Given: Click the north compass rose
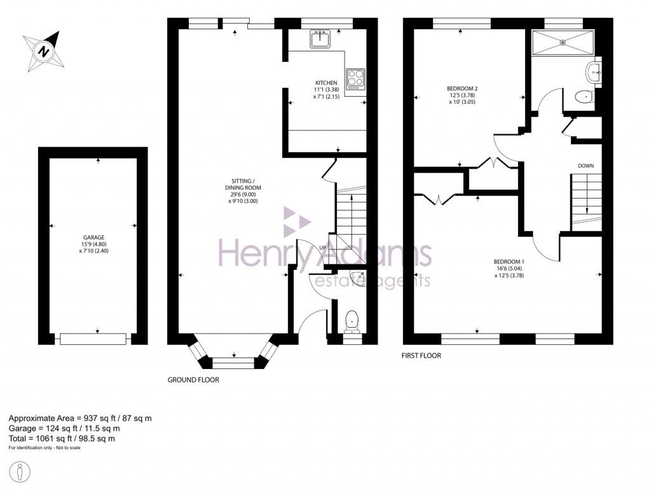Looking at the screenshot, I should click(x=43, y=50).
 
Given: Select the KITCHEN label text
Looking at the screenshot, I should click(x=326, y=83).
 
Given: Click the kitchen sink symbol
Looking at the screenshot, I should click(x=319, y=38).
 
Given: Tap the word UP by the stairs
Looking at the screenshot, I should click(x=324, y=247).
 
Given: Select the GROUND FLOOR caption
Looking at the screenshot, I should click(x=193, y=380).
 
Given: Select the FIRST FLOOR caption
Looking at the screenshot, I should click(x=421, y=356).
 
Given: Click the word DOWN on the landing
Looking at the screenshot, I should click(x=586, y=166).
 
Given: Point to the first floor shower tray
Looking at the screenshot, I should click(x=562, y=43).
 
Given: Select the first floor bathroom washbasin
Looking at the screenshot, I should click(x=595, y=73).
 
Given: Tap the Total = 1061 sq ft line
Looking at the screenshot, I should click(x=62, y=438).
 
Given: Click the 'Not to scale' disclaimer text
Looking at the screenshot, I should click(x=45, y=448).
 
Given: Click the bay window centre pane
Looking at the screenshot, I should click(x=233, y=363).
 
